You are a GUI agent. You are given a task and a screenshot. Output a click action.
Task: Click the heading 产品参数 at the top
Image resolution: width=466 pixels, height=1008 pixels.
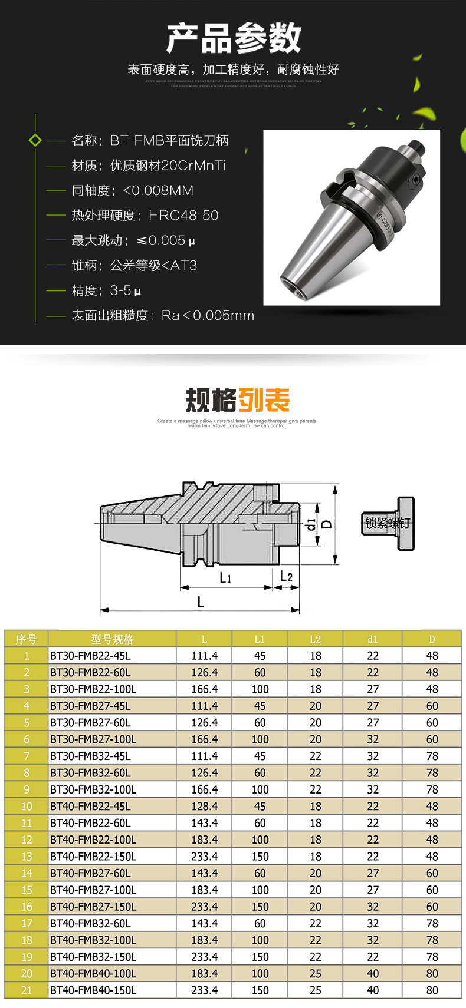pyautogui.click(x=233, y=39)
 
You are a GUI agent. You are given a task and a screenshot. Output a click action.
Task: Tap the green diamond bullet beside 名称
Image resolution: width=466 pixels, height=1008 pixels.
pyautogui.click(x=35, y=140)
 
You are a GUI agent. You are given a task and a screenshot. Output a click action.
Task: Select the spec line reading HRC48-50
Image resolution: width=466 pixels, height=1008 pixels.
pyautogui.click(x=145, y=216)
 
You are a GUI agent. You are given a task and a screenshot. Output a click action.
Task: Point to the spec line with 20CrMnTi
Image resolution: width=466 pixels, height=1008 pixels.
pyautogui.click(x=149, y=166)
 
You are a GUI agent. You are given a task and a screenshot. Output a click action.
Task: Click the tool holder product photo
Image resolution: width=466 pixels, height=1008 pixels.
pyautogui.click(x=352, y=217)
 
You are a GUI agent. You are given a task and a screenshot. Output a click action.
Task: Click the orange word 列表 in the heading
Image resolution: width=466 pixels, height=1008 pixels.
pyautogui.click(x=264, y=401)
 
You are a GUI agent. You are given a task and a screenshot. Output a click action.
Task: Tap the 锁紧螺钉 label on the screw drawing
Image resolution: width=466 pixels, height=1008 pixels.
pyautogui.click(x=386, y=523)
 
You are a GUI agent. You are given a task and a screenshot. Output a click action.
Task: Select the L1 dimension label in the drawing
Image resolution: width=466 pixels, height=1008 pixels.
pyautogui.click(x=225, y=578)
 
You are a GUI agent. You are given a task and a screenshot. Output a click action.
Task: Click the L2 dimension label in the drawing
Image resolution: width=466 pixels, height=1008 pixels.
pyautogui.click(x=286, y=576)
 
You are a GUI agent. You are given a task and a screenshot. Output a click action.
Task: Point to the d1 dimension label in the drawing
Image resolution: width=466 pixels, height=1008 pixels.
pyautogui.click(x=311, y=524)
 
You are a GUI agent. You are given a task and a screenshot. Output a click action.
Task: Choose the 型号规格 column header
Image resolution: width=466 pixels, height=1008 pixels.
pyautogui.click(x=112, y=639)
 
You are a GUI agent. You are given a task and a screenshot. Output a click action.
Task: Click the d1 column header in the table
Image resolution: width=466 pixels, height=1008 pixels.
pyautogui.click(x=373, y=639)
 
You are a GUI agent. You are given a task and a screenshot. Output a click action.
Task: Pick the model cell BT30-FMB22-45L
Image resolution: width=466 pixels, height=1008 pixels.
pyautogui.click(x=90, y=656)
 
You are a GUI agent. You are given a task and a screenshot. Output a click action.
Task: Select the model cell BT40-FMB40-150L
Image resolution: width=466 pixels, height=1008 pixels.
pyautogui.click(x=93, y=990)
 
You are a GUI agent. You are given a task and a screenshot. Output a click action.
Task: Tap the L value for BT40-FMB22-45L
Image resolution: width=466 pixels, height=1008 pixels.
pyautogui.click(x=204, y=806)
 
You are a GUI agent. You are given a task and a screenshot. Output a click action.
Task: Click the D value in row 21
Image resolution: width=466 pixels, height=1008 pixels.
pyautogui.click(x=432, y=990)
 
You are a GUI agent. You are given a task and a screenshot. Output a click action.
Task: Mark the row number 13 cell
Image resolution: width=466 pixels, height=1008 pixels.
pyautogui.click(x=27, y=857)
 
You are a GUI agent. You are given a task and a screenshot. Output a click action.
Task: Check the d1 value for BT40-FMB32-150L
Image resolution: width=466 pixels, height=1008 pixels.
pyautogui.click(x=373, y=957)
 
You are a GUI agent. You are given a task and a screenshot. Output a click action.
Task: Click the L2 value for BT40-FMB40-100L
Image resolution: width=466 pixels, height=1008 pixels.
pyautogui.click(x=316, y=974)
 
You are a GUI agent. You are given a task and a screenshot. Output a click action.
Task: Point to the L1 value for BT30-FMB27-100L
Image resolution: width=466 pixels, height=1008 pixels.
pyautogui.click(x=260, y=739)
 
